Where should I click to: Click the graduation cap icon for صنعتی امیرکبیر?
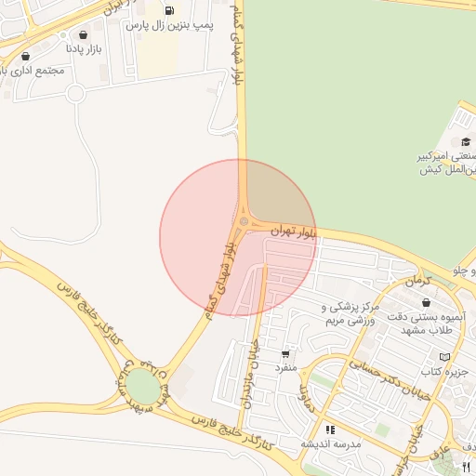(x=466, y=141)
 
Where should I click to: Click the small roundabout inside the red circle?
(x=244, y=221)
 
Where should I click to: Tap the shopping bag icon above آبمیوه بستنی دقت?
(x=426, y=303)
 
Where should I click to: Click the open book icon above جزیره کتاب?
(x=444, y=357)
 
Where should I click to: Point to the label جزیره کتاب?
(x=443, y=371)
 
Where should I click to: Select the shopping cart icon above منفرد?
(x=284, y=353)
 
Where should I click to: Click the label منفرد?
(x=284, y=367)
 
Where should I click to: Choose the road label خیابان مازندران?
(x=251, y=372)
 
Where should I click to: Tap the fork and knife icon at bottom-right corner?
(x=467, y=468)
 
